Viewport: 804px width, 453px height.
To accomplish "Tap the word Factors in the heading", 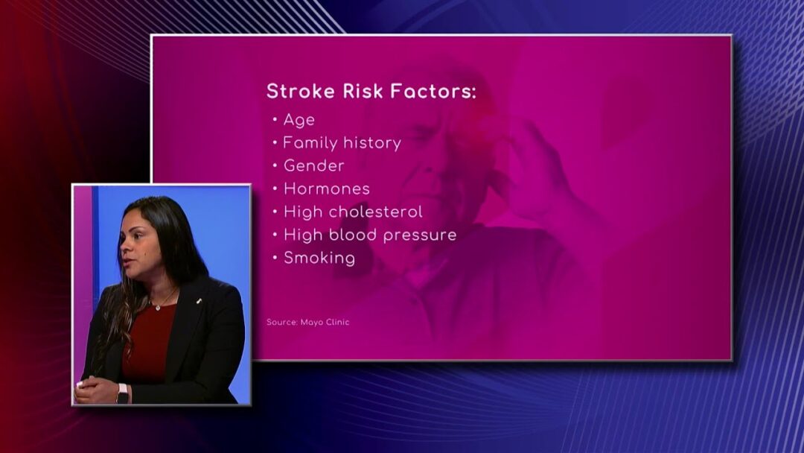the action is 433,92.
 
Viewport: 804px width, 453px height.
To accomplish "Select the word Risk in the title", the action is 363,92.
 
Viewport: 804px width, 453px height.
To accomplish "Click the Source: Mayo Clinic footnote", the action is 307,322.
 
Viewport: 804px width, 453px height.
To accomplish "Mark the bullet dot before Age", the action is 275,119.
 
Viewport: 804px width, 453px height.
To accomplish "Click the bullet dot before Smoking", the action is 275,257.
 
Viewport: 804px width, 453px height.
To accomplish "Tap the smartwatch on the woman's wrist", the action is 122,393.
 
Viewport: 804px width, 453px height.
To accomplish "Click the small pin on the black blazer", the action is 199,301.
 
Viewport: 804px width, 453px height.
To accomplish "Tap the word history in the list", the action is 372,142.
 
